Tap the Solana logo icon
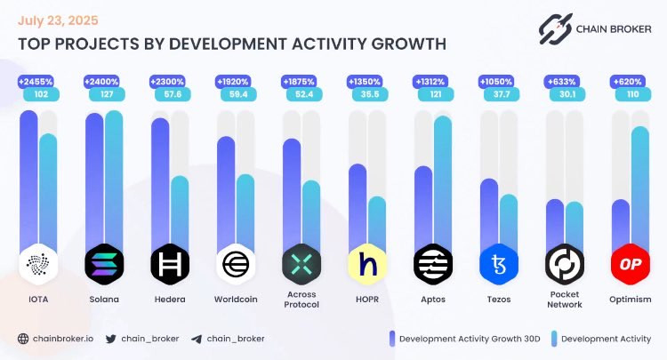coord(103,264)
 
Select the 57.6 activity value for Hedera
coord(169,93)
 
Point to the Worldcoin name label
coord(236,300)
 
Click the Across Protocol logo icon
coord(301,264)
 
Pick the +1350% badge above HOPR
coord(367,81)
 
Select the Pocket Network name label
coord(565,300)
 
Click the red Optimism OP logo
coord(631,264)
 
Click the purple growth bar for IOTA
coord(28,178)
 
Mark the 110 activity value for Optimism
coord(631,93)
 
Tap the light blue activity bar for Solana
coord(114,178)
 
